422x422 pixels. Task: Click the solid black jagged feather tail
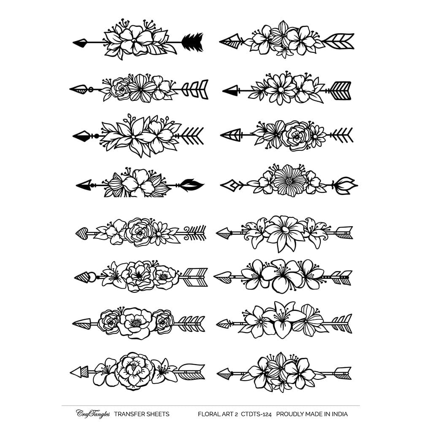(192, 42)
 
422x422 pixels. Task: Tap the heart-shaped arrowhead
(82, 233)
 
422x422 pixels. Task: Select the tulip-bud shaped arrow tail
(346, 185)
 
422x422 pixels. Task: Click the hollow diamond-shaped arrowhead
(229, 185)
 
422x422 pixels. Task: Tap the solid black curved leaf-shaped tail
(192, 185)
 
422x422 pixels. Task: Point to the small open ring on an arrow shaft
(91, 89)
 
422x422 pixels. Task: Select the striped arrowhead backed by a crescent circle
(85, 278)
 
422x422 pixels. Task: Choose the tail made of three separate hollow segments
(195, 89)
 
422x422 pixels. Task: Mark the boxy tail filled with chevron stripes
(341, 91)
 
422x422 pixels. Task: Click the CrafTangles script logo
(93, 414)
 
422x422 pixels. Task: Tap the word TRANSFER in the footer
(129, 414)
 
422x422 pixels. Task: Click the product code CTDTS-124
(256, 414)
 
